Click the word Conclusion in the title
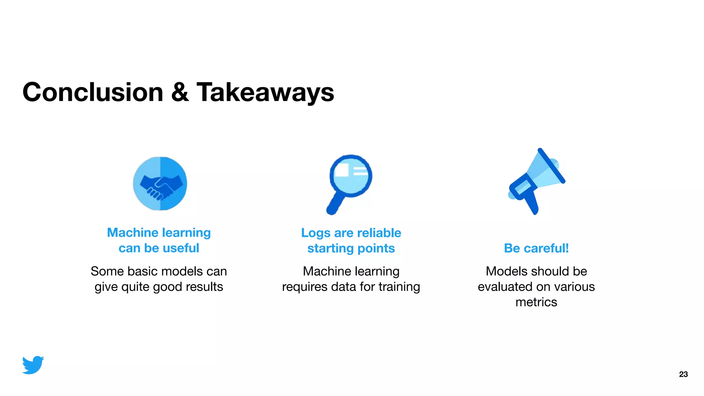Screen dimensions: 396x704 pyautogui.click(x=93, y=92)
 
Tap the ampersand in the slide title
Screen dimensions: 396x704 pyautogui.click(x=180, y=92)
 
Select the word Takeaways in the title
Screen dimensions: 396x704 pyautogui.click(x=265, y=93)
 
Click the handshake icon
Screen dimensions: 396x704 pyautogui.click(x=160, y=184)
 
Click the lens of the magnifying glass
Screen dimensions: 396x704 pyautogui.click(x=351, y=175)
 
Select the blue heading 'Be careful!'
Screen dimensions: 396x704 pyautogui.click(x=536, y=248)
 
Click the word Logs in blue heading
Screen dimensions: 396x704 pyautogui.click(x=316, y=233)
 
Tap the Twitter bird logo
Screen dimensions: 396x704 pyautogui.click(x=33, y=365)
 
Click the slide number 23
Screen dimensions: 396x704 pyautogui.click(x=683, y=374)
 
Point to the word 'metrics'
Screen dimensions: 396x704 pyautogui.click(x=536, y=302)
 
